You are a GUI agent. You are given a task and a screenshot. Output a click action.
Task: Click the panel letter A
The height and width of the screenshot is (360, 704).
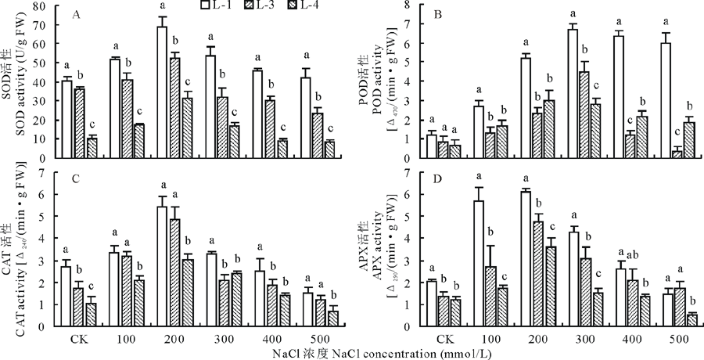click(76, 14)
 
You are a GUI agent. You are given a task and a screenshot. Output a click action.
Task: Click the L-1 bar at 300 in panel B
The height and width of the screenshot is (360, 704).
click(573, 94)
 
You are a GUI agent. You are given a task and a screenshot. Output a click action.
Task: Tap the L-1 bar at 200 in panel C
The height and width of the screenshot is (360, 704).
click(162, 266)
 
